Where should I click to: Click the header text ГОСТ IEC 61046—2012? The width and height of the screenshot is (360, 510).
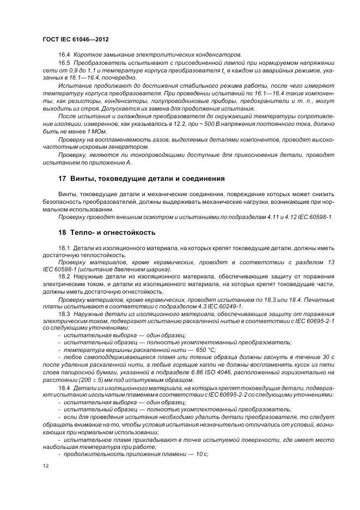(75, 39)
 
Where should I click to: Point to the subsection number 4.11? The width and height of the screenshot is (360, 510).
(277, 217)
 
